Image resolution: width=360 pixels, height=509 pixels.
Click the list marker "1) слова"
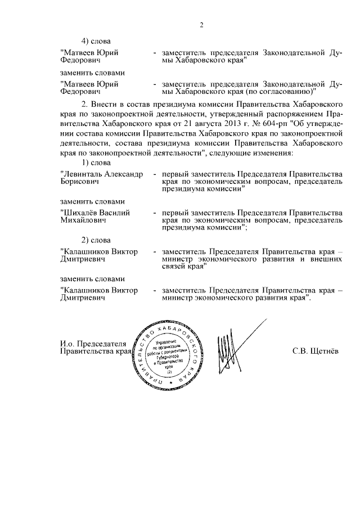93,163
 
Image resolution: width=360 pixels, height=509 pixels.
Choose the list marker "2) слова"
93,240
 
